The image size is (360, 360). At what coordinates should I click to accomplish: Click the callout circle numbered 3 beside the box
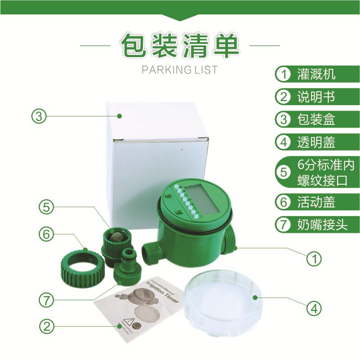[39, 116]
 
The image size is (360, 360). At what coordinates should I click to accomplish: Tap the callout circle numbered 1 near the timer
[314, 259]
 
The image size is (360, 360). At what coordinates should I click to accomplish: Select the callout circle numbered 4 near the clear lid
[314, 308]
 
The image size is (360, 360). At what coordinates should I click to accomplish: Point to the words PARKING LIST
[179, 70]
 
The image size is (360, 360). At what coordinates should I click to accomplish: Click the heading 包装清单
[180, 46]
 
